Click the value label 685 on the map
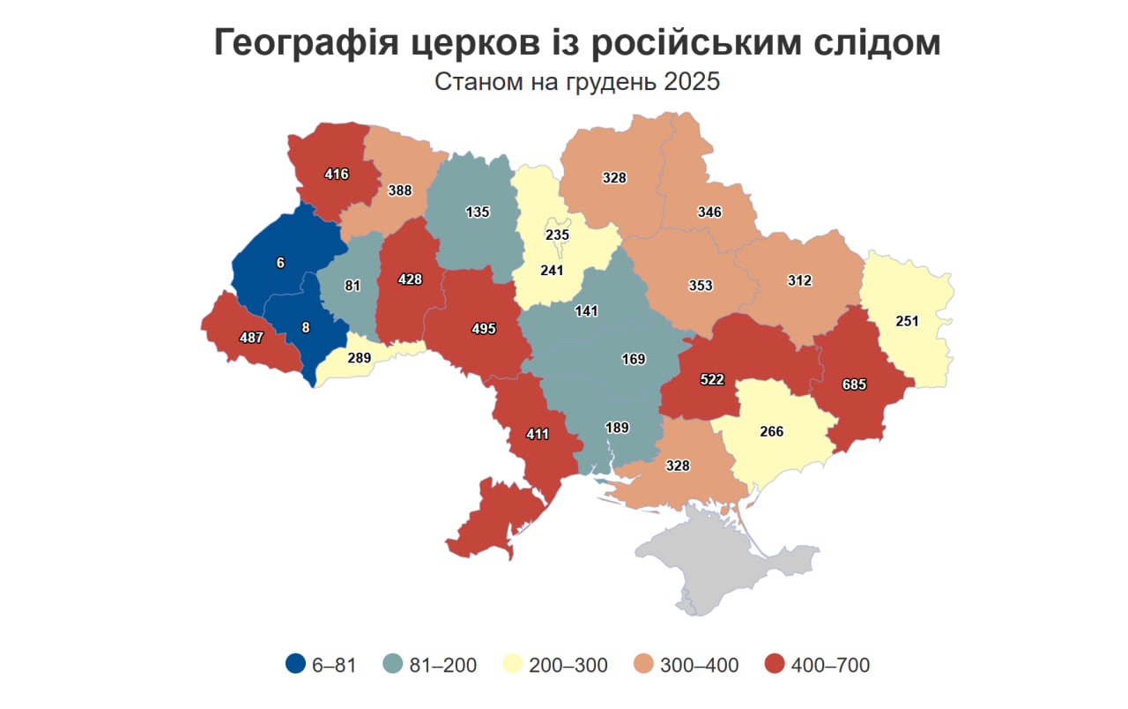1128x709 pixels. (854, 384)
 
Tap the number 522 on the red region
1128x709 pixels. (712, 378)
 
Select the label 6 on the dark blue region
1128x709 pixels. (280, 262)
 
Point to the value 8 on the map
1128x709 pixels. (306, 327)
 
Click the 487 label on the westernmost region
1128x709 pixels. (252, 337)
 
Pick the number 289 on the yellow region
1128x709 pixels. (359, 358)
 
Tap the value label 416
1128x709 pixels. (336, 174)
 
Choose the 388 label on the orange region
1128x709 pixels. (400, 190)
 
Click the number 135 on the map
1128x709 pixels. (477, 212)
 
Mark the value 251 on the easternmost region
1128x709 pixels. (906, 322)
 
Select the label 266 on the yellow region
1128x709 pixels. (771, 432)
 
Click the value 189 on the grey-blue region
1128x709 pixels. (617, 428)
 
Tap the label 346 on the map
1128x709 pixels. (709, 212)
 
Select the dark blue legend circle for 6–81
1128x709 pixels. (296, 665)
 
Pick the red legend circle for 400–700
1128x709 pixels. (775, 665)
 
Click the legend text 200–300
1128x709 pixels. (568, 665)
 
